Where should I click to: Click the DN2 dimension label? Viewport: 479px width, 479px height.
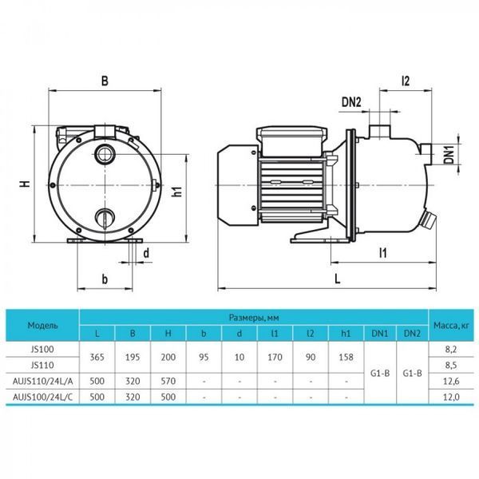point(351,101)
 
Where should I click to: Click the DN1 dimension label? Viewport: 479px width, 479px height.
point(449,155)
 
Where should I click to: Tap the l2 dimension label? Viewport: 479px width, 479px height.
point(406,81)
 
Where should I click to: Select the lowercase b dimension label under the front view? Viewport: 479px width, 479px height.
point(105,279)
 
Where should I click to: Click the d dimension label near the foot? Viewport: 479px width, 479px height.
point(147,253)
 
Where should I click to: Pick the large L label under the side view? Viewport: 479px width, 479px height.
point(337,279)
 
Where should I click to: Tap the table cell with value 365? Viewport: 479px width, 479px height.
point(97,357)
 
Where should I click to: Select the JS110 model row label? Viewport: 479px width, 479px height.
point(42,365)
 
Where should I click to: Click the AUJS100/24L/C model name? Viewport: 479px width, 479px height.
point(43,397)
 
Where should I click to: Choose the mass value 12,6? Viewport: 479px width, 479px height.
point(451,381)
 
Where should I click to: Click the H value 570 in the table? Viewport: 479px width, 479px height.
point(168,381)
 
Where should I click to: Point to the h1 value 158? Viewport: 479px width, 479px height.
point(346,357)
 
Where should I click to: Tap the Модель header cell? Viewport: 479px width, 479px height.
point(42,325)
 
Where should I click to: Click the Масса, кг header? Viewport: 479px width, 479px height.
point(451,326)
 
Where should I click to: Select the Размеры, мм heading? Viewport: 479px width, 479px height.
point(254,318)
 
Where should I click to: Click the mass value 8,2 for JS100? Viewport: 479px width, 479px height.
point(451,349)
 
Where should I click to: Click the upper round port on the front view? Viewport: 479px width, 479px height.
point(105,153)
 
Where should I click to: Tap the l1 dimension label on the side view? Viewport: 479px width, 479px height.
point(382,253)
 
